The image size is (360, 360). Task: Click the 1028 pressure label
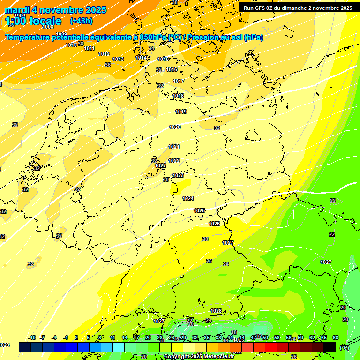click(x=216, y=311)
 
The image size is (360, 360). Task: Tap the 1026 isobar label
click(x=214, y=224)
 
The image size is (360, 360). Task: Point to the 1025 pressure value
click(x=199, y=210)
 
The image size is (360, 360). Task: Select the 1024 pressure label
click(x=188, y=198)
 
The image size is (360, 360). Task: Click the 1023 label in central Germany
click(x=178, y=175)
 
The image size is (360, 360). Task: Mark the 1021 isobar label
click(x=174, y=147)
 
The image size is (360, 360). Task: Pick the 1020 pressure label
click(x=175, y=127)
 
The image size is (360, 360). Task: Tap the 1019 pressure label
click(x=181, y=112)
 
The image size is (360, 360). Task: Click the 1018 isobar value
click(x=178, y=96)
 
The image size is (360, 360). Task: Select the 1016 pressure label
click(x=172, y=69)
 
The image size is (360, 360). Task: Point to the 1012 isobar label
click(x=104, y=54)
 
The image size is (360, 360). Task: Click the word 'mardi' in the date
click(x=17, y=10)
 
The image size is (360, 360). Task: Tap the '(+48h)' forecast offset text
click(x=81, y=21)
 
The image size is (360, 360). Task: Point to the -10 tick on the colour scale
click(x=32, y=337)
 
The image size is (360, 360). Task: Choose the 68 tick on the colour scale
click(x=336, y=337)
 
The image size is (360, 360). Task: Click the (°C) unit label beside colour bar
click(x=344, y=348)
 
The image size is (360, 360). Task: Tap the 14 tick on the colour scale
click(x=125, y=337)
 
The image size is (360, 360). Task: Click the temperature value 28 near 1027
click(x=205, y=239)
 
